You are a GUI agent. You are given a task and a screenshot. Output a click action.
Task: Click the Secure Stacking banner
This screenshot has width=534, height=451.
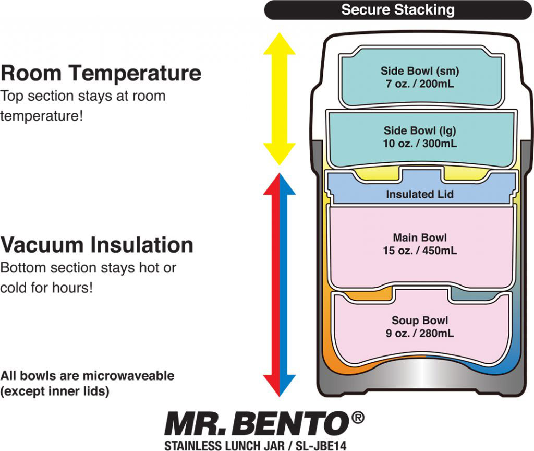coord(397,10)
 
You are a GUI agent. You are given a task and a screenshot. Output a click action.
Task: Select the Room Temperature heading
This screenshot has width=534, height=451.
coord(101,73)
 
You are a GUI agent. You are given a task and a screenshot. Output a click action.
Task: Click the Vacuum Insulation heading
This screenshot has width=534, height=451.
coord(97,245)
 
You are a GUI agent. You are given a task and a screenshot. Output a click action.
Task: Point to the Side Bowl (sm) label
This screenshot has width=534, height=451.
coord(420,71)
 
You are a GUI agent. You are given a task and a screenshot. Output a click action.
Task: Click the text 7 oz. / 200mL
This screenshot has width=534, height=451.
coord(420,83)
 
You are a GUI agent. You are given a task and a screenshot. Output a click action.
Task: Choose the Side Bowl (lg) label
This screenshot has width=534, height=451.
coord(420,130)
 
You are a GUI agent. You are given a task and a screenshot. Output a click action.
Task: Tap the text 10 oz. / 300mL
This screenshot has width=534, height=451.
coord(420,143)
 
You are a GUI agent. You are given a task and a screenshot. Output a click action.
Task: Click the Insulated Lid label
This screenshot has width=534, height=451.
coord(420,194)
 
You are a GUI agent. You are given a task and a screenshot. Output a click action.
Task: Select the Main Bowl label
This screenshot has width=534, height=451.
coord(420,238)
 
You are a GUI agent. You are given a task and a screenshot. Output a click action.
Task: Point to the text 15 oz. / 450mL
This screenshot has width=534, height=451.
coord(420,251)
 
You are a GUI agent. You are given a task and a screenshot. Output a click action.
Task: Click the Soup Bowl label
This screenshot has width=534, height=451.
coord(420,321)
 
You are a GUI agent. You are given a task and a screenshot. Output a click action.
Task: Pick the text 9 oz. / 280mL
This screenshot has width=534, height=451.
coord(420,333)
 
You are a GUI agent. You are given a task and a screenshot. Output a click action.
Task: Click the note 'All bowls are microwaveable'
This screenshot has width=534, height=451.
coord(88,376)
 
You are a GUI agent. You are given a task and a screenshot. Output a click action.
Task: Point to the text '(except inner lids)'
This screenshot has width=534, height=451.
coord(55,391)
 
